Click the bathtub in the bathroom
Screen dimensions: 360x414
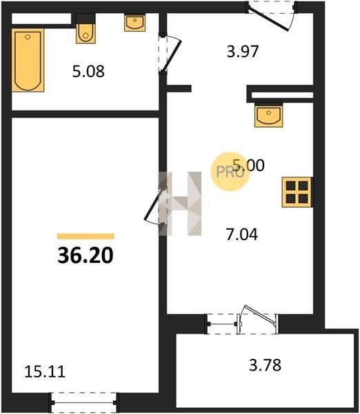[28, 60]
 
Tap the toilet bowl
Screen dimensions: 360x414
[86, 33]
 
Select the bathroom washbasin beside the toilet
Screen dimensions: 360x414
[135, 23]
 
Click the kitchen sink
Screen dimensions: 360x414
[268, 116]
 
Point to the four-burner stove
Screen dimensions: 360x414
[297, 192]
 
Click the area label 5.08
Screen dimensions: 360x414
[88, 71]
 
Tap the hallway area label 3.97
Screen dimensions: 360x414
[243, 52]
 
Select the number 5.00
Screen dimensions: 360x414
[249, 166]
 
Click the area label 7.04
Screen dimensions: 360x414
[242, 235]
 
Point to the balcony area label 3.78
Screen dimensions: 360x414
[265, 365]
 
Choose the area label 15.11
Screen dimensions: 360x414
[45, 371]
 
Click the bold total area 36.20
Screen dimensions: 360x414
[86, 255]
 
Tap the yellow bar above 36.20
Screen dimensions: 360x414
[86, 236]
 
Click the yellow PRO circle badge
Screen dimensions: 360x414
[230, 172]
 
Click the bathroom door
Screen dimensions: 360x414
[172, 55]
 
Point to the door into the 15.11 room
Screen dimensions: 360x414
[153, 204]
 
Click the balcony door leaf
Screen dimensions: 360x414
[260, 315]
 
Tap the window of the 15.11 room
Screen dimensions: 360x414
[84, 403]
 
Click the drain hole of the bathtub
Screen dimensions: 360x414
[28, 37]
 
